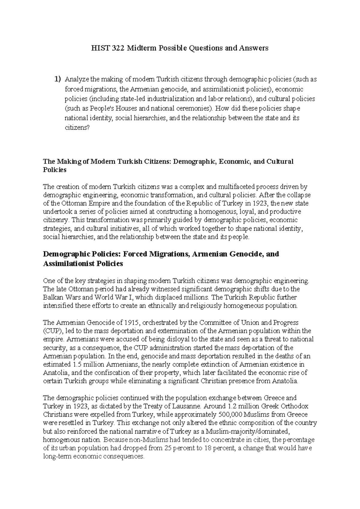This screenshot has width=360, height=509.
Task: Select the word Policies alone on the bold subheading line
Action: coord(55,170)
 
